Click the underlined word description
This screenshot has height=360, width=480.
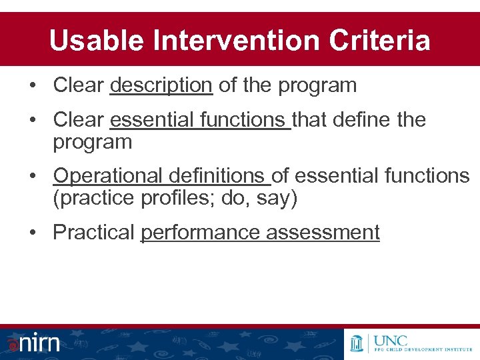coord(161,85)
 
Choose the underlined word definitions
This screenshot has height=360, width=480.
coord(217,176)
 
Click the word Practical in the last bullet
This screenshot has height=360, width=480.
coord(93,233)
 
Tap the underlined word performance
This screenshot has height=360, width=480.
coord(201,233)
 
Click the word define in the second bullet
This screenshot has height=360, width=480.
coord(359,120)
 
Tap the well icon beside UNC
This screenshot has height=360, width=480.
coord(358,343)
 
